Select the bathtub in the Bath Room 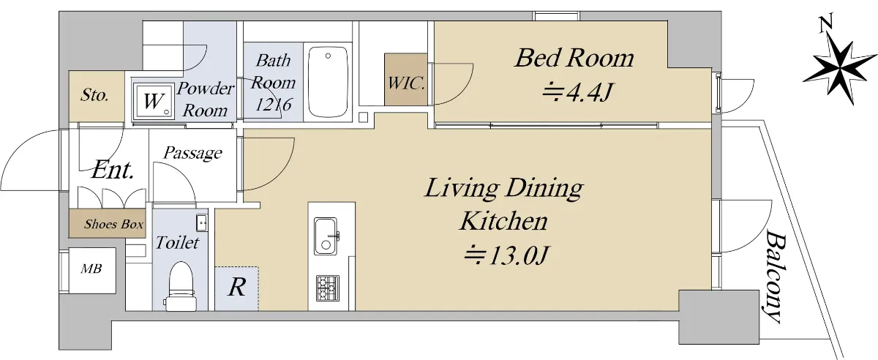point(328,82)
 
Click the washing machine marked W point(153,100)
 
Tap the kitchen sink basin point(326,236)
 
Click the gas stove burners point(328,288)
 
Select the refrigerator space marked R point(237,288)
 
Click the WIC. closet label point(406,83)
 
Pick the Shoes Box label point(113,224)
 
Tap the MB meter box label point(91,269)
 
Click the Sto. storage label point(94,95)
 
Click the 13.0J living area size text point(508,255)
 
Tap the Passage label point(192,153)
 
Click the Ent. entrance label point(113,170)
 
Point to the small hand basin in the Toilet point(202,223)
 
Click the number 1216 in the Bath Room point(273,105)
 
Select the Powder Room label point(205,100)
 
